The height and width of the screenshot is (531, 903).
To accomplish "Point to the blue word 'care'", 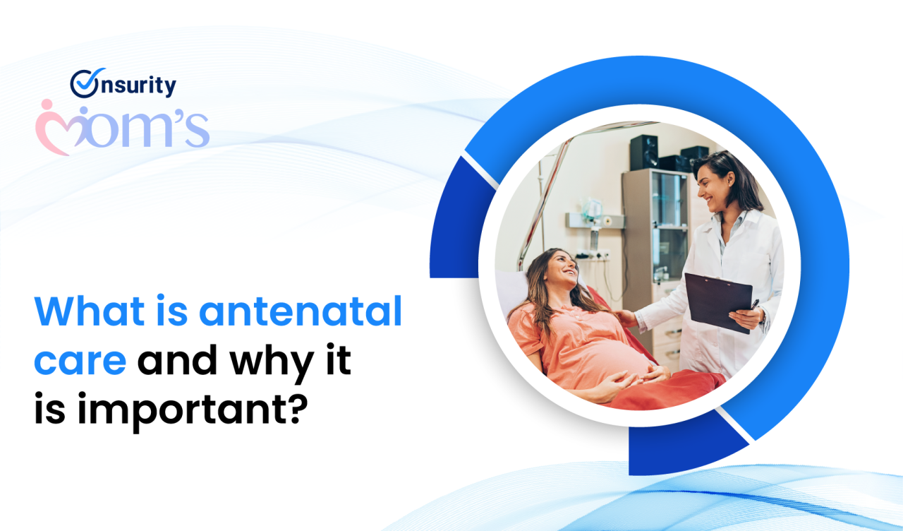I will click(80, 361).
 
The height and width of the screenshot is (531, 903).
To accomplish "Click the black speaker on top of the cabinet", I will click(644, 152).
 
